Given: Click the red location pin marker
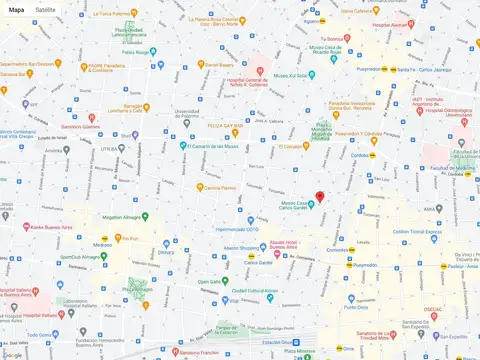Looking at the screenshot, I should pos(320,197).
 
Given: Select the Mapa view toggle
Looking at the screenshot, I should pos(17,8).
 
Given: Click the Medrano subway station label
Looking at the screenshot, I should pos(102,245).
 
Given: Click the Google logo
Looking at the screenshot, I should pos(13,353).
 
